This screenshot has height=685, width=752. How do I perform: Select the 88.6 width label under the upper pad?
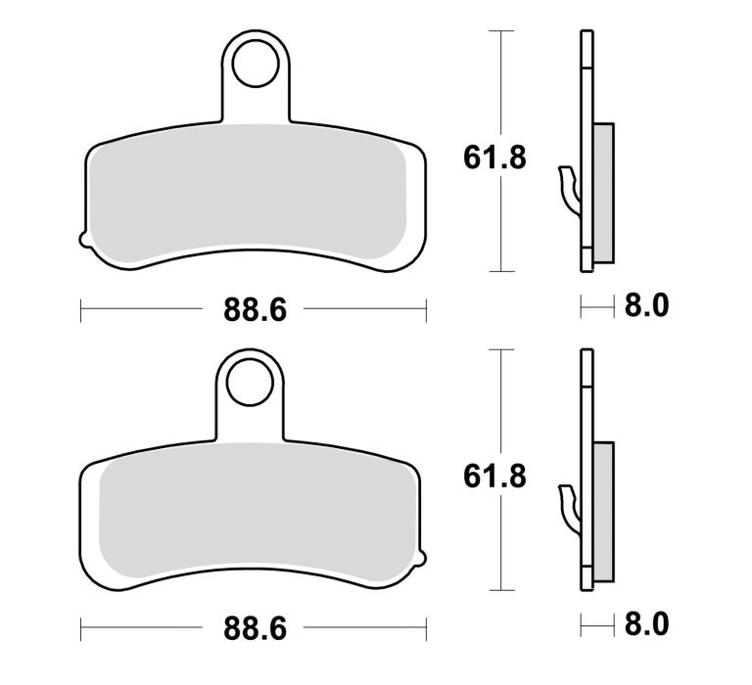coord(255,311)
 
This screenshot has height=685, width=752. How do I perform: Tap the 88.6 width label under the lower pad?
coord(255,626)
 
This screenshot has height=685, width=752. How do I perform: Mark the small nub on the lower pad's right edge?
coord(425,560)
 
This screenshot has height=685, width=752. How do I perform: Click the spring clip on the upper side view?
coord(568,186)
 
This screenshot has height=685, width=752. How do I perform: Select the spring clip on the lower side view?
coord(568,506)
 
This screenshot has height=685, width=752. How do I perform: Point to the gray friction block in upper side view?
coord(604,192)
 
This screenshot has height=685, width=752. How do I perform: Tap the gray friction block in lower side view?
coord(604,510)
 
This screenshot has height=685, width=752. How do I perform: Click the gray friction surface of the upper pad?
coord(253,196)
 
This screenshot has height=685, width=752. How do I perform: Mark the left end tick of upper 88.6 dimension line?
coord(80,312)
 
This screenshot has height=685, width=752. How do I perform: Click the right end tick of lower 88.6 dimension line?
coord(427,626)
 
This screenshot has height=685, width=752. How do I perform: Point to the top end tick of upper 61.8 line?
coord(502,31)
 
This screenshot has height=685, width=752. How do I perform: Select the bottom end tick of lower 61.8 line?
coord(502,590)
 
